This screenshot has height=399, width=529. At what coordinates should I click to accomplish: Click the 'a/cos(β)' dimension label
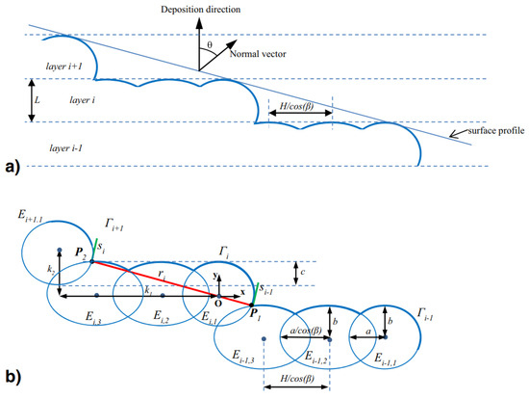pyautogui.click(x=304, y=332)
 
